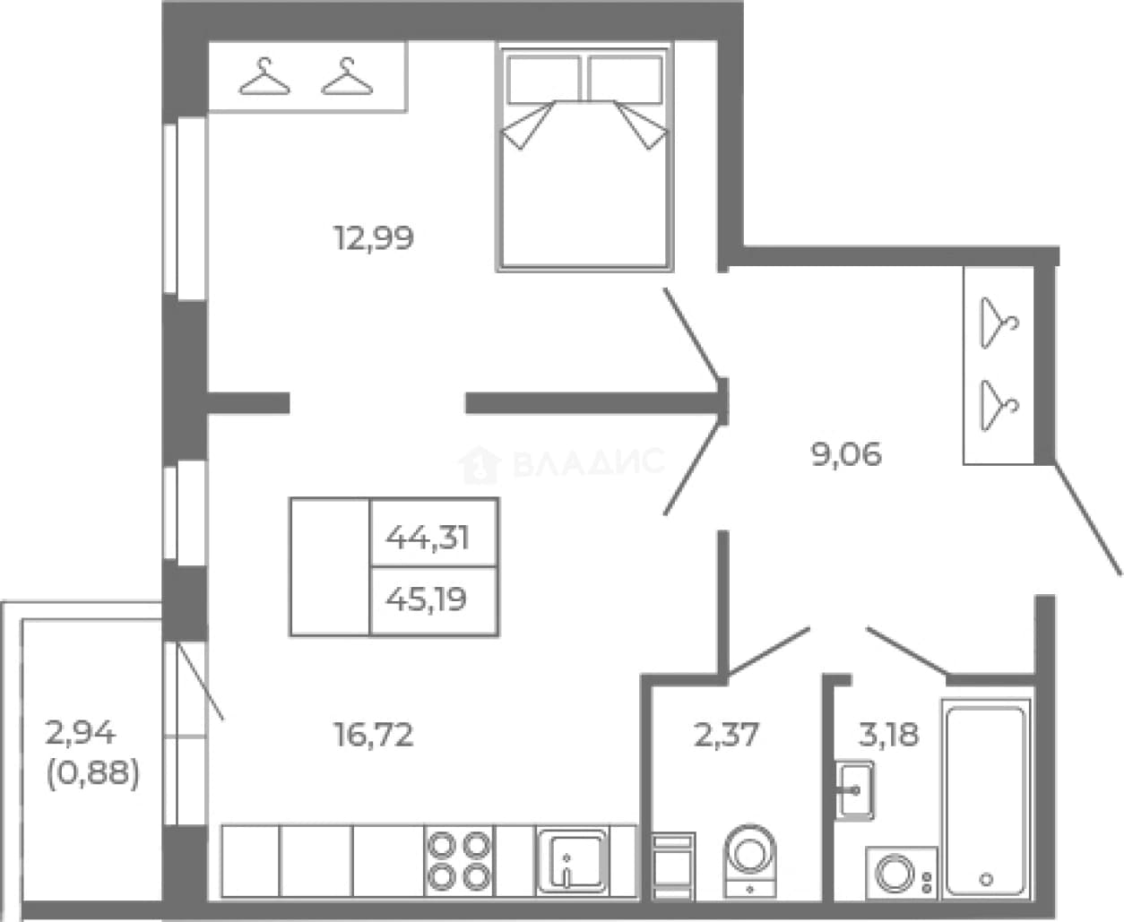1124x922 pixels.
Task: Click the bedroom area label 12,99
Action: (x=374, y=238)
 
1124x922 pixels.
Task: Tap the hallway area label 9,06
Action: (x=846, y=455)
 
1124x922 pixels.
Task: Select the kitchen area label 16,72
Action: (x=374, y=735)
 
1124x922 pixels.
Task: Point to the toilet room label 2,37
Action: (x=726, y=735)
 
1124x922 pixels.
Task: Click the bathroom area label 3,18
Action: (x=888, y=735)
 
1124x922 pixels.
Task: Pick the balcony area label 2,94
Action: (x=81, y=733)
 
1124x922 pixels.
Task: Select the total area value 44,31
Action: (x=428, y=538)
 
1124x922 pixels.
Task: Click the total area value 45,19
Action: (x=427, y=599)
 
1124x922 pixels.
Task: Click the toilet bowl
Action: (x=750, y=861)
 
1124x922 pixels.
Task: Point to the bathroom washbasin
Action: (x=854, y=790)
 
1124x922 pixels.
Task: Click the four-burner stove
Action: (x=460, y=861)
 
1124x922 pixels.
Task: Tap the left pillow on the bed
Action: (x=543, y=80)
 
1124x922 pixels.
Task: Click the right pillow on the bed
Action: (x=626, y=80)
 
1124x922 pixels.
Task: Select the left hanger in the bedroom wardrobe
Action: (x=264, y=76)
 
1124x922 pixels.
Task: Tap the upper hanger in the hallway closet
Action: (x=999, y=323)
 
